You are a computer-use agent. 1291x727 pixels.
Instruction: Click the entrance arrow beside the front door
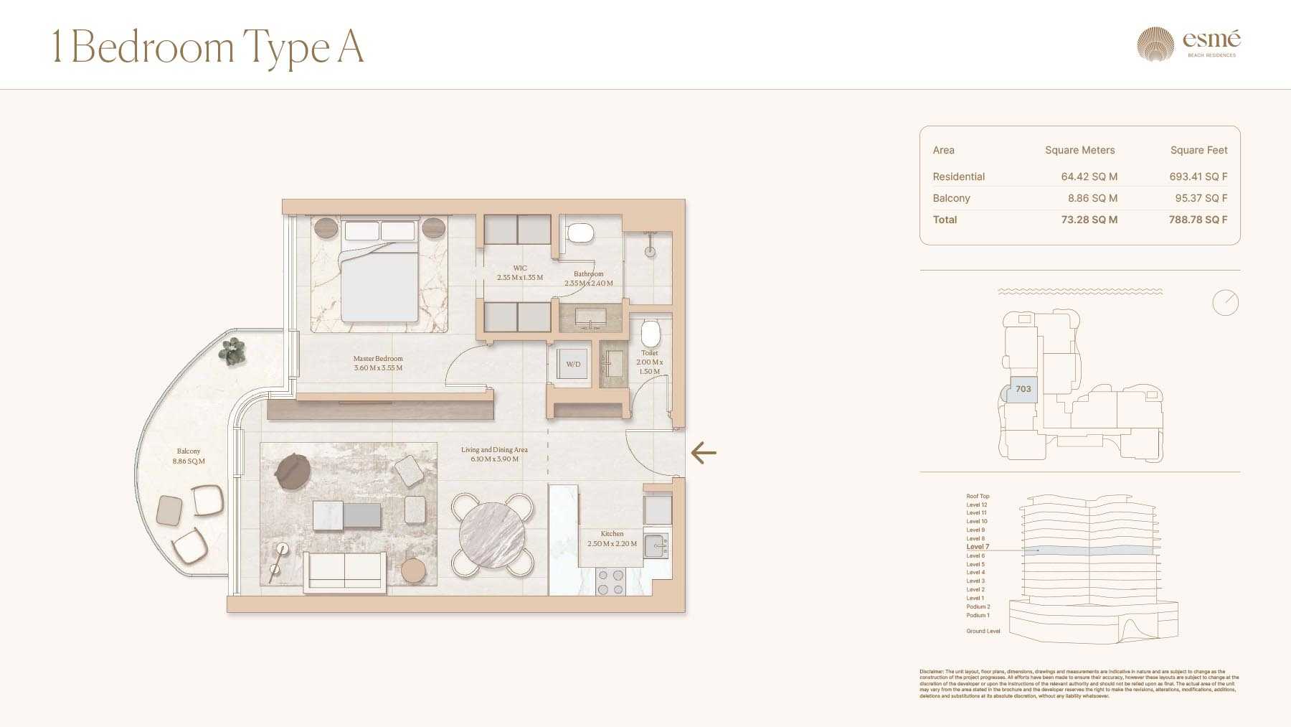tap(704, 453)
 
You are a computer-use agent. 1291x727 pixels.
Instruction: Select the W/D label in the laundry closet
tap(573, 365)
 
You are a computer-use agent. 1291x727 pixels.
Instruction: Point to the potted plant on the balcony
tap(232, 351)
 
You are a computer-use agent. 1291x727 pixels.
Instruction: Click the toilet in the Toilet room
tap(650, 333)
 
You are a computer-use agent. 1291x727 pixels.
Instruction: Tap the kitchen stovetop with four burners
tap(610, 582)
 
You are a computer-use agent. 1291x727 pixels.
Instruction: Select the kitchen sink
tap(656, 545)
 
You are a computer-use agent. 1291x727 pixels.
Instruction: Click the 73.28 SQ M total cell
tap(1089, 220)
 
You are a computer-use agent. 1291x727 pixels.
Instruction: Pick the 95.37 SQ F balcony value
tap(1201, 198)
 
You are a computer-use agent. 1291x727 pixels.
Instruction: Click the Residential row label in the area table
tap(958, 177)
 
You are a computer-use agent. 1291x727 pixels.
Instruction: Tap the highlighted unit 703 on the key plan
tap(1023, 389)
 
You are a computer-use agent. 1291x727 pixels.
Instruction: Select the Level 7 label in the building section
tap(978, 547)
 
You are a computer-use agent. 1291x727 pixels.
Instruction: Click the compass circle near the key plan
tap(1225, 303)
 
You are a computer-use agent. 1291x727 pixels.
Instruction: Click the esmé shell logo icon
tap(1155, 44)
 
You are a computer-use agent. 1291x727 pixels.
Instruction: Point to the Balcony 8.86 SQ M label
tap(189, 456)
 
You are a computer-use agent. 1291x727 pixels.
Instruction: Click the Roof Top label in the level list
tap(978, 496)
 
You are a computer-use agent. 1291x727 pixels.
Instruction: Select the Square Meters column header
tap(1079, 150)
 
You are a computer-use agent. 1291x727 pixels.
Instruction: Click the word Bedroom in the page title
tap(153, 47)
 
